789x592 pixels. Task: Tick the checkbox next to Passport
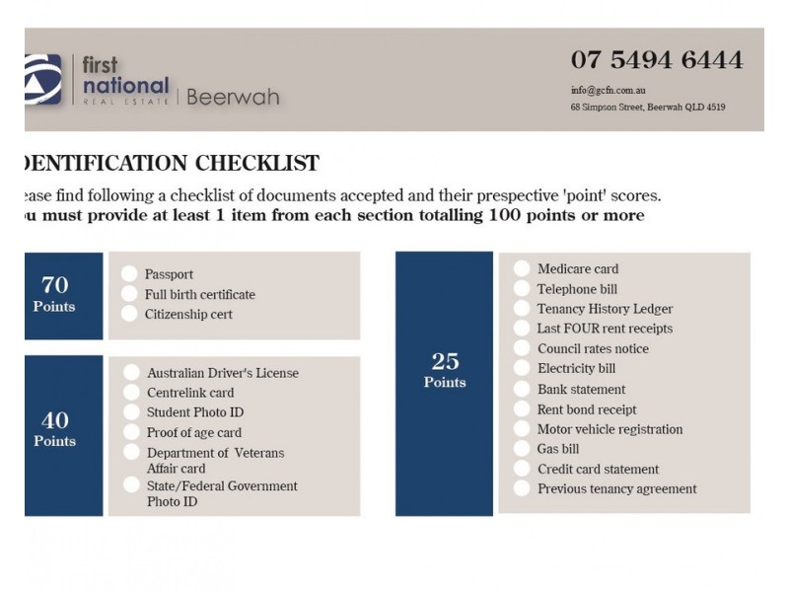(x=129, y=274)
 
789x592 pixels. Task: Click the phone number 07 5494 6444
(x=656, y=60)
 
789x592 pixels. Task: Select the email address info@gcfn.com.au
(x=608, y=90)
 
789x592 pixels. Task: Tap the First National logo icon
(x=43, y=80)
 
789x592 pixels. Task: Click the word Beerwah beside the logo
(x=233, y=97)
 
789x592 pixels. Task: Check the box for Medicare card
(x=522, y=268)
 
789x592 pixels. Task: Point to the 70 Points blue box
(x=63, y=294)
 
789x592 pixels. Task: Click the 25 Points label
(x=445, y=369)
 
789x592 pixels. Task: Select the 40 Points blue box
(x=63, y=430)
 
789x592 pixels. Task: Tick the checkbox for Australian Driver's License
(x=131, y=373)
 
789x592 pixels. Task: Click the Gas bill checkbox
(x=522, y=449)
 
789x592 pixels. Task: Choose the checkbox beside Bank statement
(x=522, y=389)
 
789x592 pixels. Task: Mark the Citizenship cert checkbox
(x=129, y=314)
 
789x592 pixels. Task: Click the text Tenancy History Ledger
(x=605, y=309)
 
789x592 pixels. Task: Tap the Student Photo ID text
(x=195, y=412)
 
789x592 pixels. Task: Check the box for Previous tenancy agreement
(x=522, y=488)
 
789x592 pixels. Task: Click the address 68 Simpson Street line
(x=647, y=107)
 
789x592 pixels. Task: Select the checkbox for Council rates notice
(x=522, y=348)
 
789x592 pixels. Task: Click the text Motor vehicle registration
(x=610, y=429)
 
